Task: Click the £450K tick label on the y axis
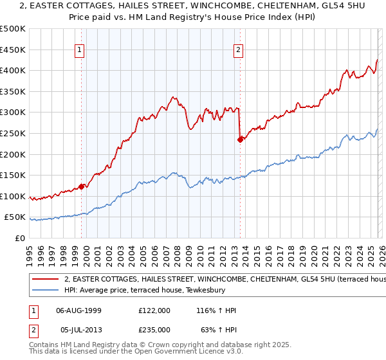tap(13, 50)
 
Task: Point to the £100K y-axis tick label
tap(13, 196)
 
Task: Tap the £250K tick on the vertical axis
tap(13, 133)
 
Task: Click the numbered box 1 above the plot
tap(79, 50)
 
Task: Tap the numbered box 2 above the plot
tap(239, 50)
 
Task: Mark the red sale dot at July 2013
tap(240, 139)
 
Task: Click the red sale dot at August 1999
tap(81, 186)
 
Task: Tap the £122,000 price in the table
tap(154, 310)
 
